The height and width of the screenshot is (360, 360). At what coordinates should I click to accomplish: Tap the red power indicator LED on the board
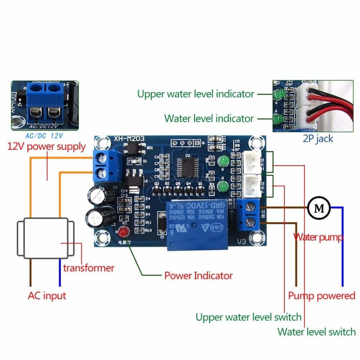point(124,233)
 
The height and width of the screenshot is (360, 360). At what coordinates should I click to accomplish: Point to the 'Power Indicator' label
point(198,276)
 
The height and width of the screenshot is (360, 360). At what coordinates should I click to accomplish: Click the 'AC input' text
point(47,296)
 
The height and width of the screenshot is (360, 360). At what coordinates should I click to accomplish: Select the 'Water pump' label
point(318,237)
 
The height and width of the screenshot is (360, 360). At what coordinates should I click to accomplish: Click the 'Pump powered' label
point(321,296)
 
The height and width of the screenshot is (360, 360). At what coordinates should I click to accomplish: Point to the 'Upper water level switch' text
point(248,318)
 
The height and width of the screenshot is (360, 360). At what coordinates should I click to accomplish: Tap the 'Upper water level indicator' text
point(196,94)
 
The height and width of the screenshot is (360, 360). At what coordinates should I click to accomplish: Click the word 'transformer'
point(89,268)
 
